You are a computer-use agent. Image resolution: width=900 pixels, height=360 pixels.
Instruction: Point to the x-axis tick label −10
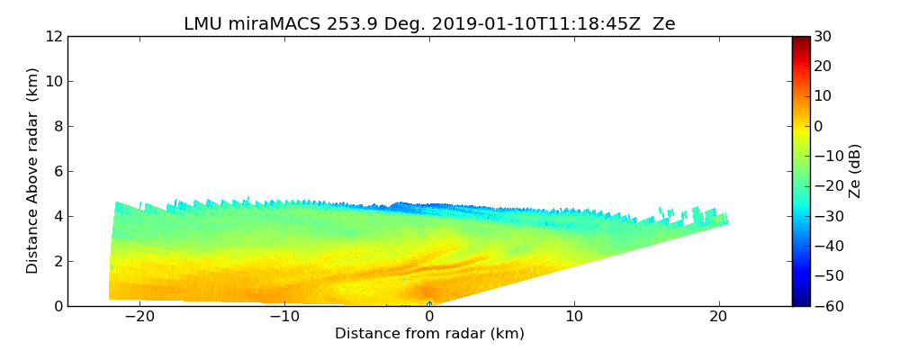point(284,317)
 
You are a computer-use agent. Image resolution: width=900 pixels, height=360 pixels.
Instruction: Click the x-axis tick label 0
point(429,317)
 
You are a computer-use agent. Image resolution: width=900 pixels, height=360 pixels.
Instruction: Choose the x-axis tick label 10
point(574,317)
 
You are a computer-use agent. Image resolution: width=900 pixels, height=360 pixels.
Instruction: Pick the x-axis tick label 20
point(718,317)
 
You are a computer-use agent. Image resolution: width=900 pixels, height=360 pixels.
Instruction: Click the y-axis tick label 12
point(53,37)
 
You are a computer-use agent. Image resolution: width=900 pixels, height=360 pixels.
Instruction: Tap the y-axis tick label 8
point(57,127)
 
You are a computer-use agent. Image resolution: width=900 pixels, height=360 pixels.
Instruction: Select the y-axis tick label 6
point(57,172)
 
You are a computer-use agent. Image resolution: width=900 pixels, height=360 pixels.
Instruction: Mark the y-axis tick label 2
point(57,262)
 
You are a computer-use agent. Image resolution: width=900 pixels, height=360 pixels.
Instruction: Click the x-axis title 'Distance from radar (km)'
point(429,334)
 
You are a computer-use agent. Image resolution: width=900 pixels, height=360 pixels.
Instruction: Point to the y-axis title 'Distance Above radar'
point(33,170)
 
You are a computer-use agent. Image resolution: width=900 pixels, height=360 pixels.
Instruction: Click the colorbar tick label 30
point(823,37)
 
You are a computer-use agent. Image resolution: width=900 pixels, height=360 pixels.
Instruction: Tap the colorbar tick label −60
point(826,306)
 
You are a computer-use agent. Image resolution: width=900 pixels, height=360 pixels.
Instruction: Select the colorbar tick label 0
point(819,126)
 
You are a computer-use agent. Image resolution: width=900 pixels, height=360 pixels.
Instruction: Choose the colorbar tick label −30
point(826,216)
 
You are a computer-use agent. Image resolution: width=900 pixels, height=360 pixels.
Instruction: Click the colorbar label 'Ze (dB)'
point(855,171)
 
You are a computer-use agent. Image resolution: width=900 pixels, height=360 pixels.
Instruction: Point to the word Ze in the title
point(663,24)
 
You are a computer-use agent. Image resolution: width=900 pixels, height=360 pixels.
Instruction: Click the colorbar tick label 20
point(823,67)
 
